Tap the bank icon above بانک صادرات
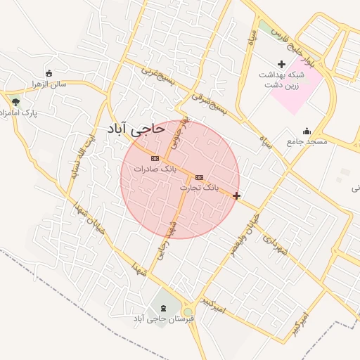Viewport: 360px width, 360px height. (x=155, y=159)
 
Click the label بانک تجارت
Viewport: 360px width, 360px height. (x=199, y=188)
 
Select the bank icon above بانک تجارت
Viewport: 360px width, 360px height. (x=200, y=177)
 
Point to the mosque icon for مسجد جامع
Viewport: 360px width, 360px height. (x=306, y=131)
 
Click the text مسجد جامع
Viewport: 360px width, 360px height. (x=307, y=141)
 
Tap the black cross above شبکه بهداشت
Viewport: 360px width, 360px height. (x=281, y=64)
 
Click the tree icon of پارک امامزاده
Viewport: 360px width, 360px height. (x=15, y=102)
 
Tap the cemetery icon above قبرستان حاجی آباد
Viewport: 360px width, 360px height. (x=164, y=308)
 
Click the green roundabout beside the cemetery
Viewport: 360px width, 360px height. (x=188, y=311)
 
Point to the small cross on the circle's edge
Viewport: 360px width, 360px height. (x=237, y=195)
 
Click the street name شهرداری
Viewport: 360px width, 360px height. (x=276, y=243)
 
